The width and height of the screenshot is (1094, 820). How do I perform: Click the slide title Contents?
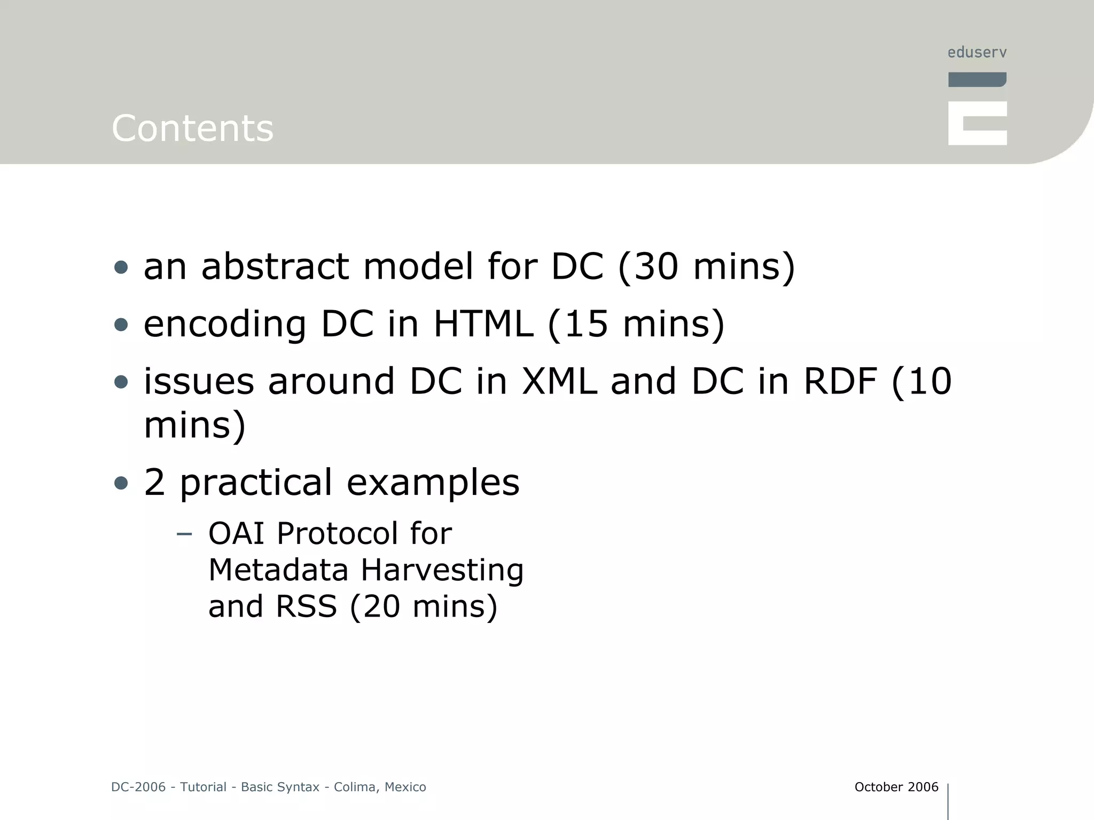tap(192, 129)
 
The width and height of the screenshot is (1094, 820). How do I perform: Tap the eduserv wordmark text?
tap(977, 53)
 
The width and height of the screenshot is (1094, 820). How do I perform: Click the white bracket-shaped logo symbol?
tap(977, 123)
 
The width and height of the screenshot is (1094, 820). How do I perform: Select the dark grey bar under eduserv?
tap(977, 80)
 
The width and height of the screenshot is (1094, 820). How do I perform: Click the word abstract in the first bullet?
tap(275, 266)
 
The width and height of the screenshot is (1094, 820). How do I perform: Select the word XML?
tap(559, 382)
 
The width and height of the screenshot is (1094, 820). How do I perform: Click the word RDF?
tap(840, 382)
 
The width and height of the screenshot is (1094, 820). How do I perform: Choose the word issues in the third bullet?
tap(199, 382)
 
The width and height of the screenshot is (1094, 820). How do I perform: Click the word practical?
tap(256, 482)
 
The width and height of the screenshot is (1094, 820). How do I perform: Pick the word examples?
tap(433, 482)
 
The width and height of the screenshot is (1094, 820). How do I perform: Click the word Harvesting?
tap(442, 570)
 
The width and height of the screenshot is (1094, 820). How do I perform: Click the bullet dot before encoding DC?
tap(121, 325)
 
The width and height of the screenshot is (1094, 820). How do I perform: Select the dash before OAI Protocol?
tap(184, 534)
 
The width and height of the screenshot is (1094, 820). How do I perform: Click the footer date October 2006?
tap(896, 787)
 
